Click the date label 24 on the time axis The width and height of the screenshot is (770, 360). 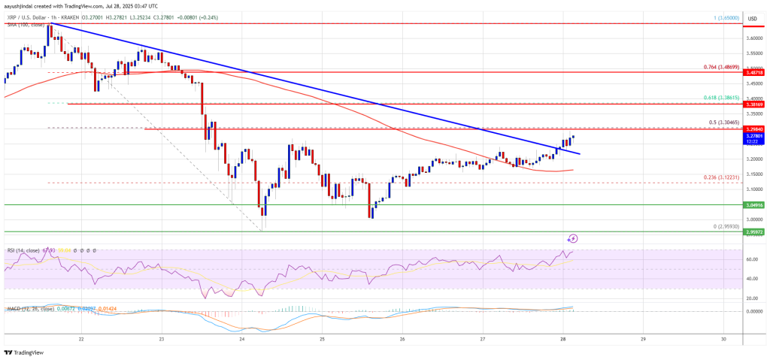click(242, 339)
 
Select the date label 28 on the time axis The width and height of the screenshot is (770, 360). click(562, 339)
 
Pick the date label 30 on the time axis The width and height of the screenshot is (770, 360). click(723, 339)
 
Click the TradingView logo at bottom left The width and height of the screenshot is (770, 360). click(23, 352)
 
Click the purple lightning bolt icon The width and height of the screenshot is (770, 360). click(572, 238)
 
